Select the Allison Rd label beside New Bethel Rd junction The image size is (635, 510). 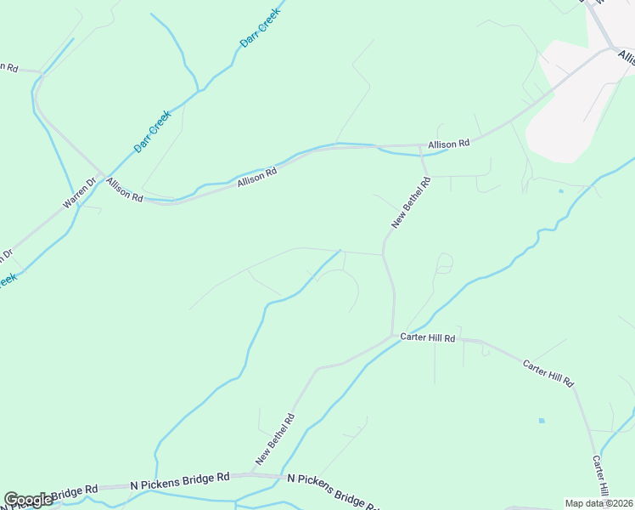click(x=448, y=144)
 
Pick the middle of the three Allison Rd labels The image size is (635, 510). click(x=257, y=177)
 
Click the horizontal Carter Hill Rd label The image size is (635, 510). click(x=428, y=338)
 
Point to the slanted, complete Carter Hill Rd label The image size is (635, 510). click(x=548, y=372)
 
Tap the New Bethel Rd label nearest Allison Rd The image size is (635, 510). click(x=412, y=202)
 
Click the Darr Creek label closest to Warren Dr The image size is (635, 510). click(x=153, y=132)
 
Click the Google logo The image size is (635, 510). click(x=28, y=500)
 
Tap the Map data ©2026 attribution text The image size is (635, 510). click(x=598, y=503)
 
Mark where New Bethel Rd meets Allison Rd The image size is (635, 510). click(x=421, y=147)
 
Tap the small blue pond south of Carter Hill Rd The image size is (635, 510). click(x=541, y=420)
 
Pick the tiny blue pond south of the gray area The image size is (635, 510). click(x=560, y=191)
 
